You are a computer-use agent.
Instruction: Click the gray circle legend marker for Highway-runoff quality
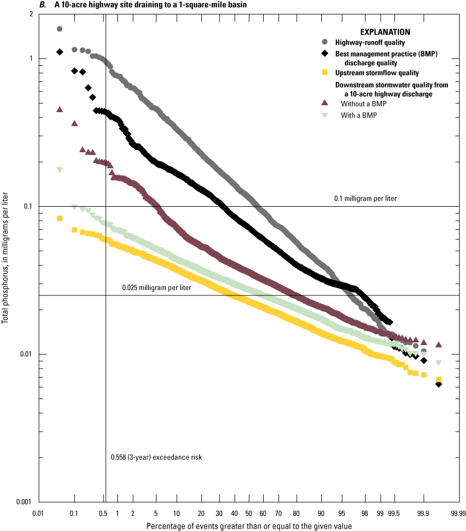[325, 42]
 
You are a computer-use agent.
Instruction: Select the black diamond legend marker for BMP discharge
[325, 54]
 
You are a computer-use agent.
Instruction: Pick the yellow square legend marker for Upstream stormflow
[325, 72]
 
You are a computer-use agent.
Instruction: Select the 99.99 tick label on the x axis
[457, 513]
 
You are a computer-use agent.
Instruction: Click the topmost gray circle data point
[60, 29]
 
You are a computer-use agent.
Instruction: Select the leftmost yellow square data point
[60, 218]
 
